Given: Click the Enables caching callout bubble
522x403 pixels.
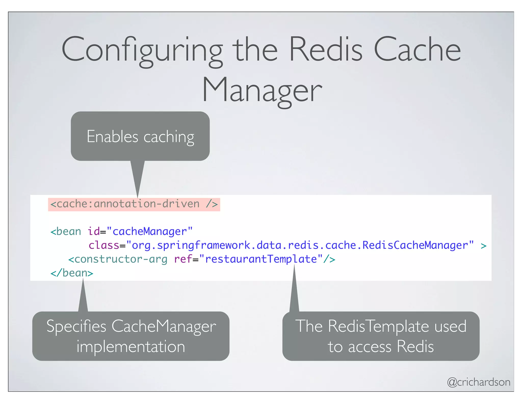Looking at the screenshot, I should click(140, 136).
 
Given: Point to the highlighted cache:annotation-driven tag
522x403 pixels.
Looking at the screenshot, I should click(134, 204).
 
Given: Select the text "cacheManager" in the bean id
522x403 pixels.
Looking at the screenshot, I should click(150, 232).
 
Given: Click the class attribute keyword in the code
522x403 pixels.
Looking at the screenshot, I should click(104, 245).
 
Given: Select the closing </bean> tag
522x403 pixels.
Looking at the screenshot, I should click(72, 273).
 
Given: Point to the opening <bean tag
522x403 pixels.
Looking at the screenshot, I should click(66, 232).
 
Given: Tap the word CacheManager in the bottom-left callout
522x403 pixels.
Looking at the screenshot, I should click(164, 326).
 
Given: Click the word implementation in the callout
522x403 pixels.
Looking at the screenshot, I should click(131, 346).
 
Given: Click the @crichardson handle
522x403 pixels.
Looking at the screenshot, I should click(478, 382).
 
